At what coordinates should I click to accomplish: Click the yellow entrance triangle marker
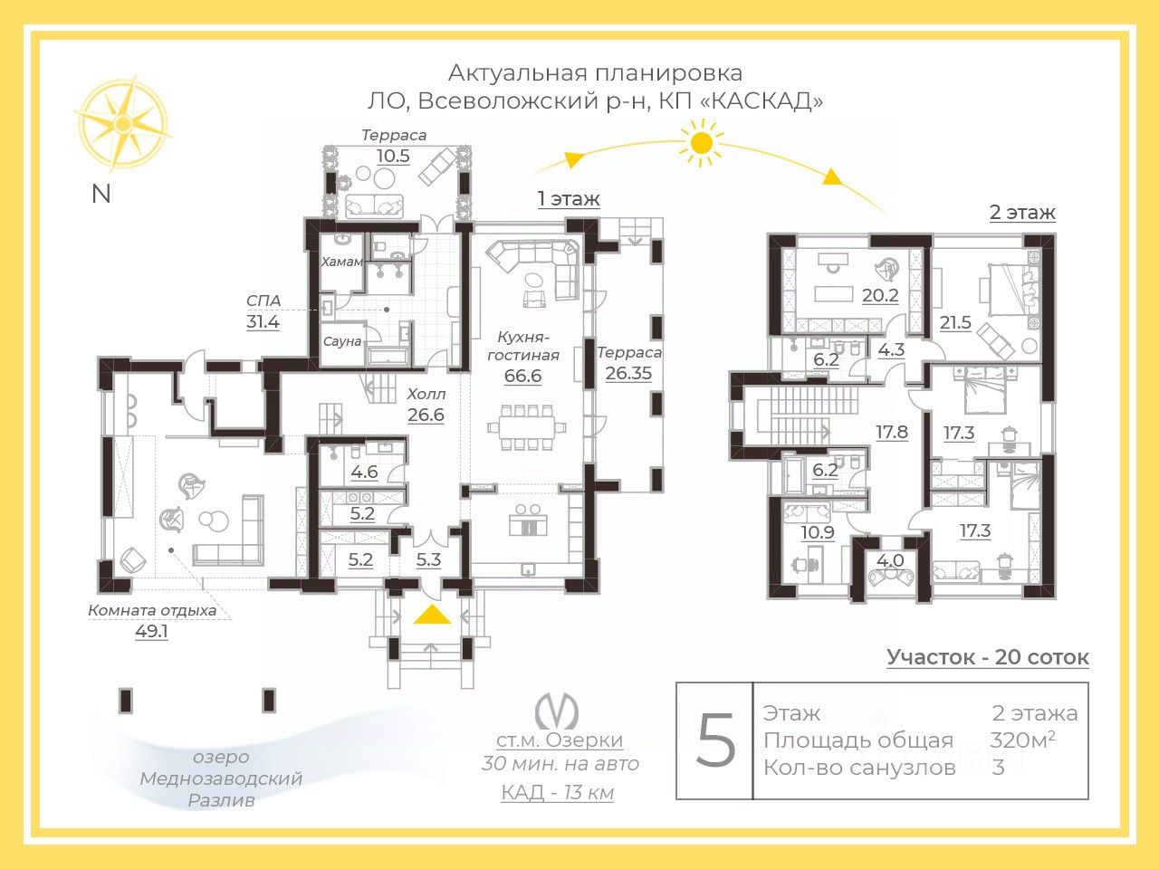click(x=433, y=616)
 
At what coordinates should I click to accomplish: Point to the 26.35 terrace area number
click(x=628, y=372)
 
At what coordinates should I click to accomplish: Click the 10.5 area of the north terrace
click(x=393, y=156)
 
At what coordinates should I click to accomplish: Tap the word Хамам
click(x=342, y=262)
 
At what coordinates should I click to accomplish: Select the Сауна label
click(x=342, y=341)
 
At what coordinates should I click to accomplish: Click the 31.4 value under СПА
click(x=263, y=321)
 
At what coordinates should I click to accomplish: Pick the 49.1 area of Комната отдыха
click(x=151, y=631)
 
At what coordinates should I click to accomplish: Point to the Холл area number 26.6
click(x=426, y=415)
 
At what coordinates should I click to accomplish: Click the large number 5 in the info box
click(x=715, y=740)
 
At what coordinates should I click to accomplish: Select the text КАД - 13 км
click(x=558, y=793)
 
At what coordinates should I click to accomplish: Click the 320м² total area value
click(x=1022, y=740)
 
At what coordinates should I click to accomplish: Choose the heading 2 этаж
click(x=1022, y=213)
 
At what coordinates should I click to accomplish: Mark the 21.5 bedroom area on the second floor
click(x=955, y=322)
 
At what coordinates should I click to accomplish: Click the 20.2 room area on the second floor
click(x=880, y=295)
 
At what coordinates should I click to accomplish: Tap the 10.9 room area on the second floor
click(x=817, y=532)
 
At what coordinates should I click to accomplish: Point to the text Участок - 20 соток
click(x=988, y=657)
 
